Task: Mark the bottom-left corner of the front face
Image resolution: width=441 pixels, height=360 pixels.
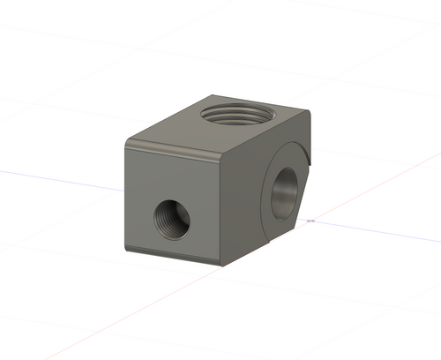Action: [129, 248]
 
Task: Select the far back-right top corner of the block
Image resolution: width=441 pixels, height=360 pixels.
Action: [310, 112]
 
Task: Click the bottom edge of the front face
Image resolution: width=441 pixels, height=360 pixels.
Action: [176, 257]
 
